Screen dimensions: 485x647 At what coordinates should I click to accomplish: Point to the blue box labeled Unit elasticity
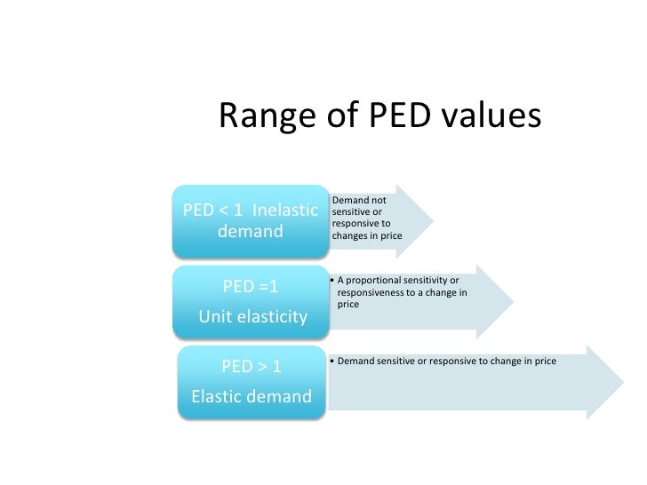pyautogui.click(x=252, y=301)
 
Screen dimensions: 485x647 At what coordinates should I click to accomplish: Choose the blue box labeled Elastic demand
pyautogui.click(x=252, y=382)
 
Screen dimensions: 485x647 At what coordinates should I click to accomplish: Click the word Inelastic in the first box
pyautogui.click(x=284, y=211)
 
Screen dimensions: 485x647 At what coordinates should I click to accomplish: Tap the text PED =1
pyautogui.click(x=251, y=286)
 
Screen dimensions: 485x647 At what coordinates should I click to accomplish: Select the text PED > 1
pyautogui.click(x=252, y=366)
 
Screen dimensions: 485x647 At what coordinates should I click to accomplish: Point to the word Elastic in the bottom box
pyautogui.click(x=217, y=396)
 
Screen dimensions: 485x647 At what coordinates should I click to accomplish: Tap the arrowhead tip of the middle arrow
pyautogui.click(x=513, y=301)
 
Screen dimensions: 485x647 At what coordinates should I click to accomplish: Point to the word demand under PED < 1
pyautogui.click(x=251, y=233)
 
